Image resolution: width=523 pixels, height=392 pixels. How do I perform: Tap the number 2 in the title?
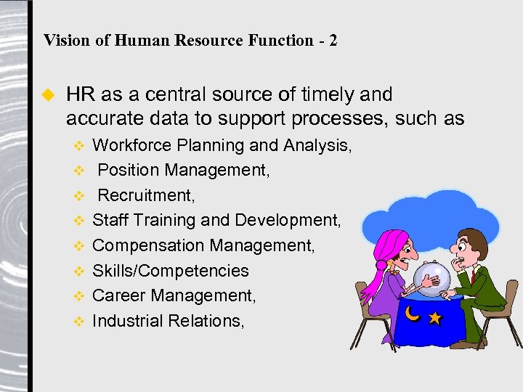[x=333, y=40]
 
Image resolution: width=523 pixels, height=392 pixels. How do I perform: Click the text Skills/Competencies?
[x=170, y=271]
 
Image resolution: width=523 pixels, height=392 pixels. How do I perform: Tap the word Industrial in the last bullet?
[x=126, y=321]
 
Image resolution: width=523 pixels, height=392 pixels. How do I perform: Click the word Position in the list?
[x=129, y=170]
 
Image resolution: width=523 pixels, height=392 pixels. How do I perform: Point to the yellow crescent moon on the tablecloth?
[x=412, y=314]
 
